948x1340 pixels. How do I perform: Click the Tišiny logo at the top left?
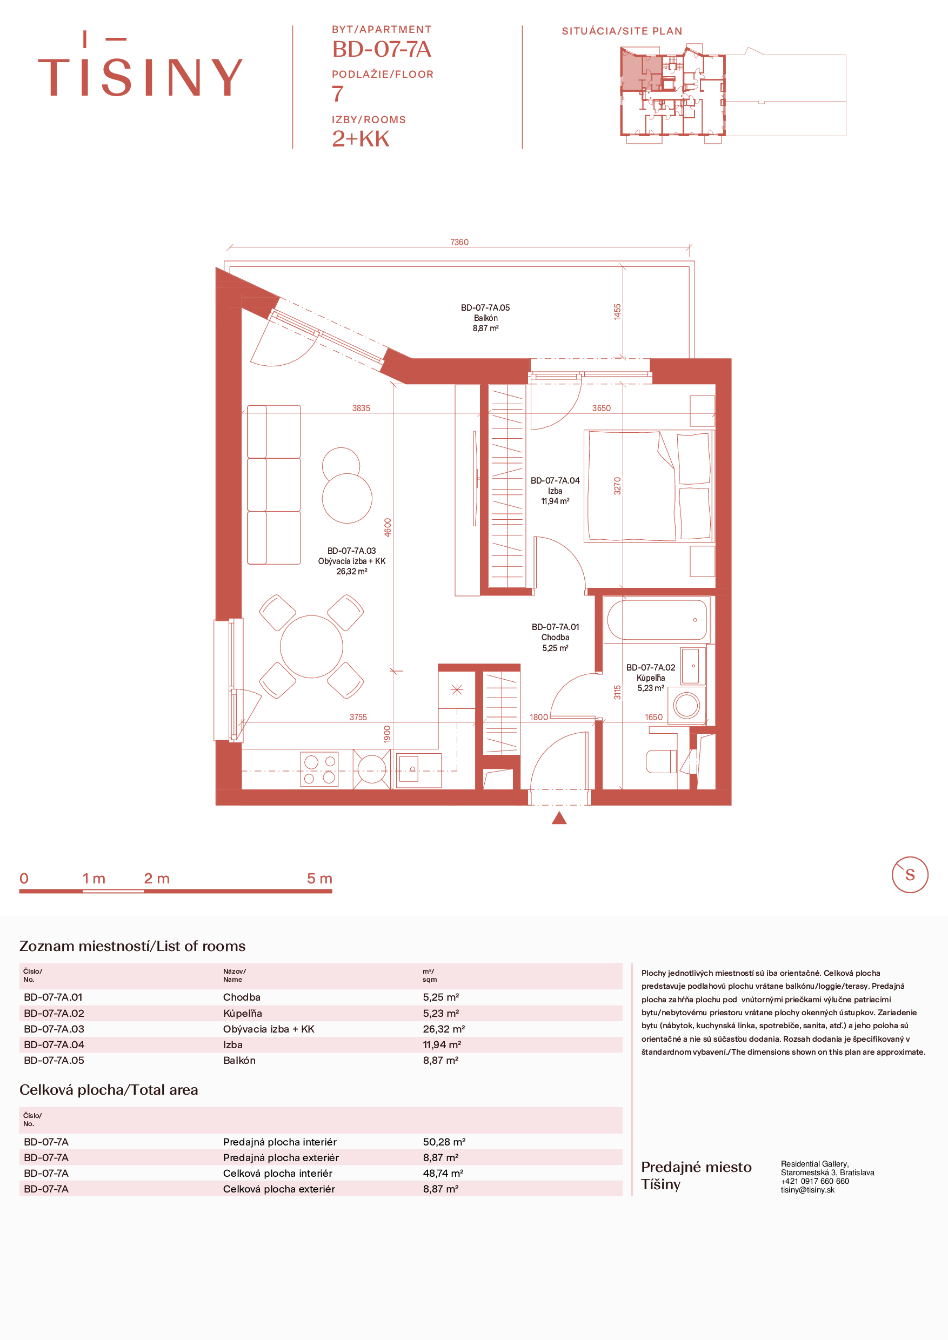(x=140, y=64)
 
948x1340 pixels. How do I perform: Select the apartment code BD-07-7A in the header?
(x=382, y=50)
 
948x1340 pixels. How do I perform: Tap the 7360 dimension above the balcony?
(x=459, y=242)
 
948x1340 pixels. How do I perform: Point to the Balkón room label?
(x=486, y=318)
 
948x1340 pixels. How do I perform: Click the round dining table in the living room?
(x=311, y=646)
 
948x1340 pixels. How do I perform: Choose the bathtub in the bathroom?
(x=657, y=620)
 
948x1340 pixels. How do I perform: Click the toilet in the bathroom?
(x=661, y=762)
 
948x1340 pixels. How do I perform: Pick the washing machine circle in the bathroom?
(x=686, y=705)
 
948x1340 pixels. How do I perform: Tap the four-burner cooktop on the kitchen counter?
(x=319, y=769)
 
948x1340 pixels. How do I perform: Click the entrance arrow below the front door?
(x=559, y=818)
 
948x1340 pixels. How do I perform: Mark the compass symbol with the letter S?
(x=910, y=875)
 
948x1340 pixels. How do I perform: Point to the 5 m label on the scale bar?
(x=319, y=879)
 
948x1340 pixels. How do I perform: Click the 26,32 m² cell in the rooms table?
(x=444, y=1029)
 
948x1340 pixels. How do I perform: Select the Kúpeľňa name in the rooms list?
(x=242, y=1013)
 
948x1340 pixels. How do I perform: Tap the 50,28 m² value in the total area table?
(x=444, y=1142)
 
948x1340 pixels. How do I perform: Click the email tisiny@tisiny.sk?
(x=808, y=1189)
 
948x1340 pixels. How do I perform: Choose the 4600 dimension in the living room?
(x=388, y=527)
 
